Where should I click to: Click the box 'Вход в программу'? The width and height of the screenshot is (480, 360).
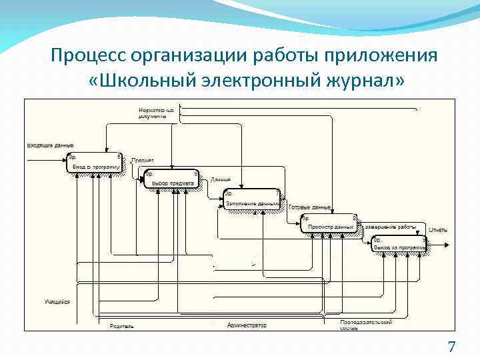tap(94, 163)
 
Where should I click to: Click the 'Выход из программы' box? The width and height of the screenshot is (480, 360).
tap(399, 244)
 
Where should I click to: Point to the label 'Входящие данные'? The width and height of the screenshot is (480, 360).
tap(50, 145)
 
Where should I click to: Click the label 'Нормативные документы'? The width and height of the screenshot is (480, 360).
tap(157, 112)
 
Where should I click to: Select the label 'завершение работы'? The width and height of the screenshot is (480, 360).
tap(390, 226)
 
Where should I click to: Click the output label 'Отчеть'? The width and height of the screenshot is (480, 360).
tap(437, 230)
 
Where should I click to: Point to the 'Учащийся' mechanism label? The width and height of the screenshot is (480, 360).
tap(57, 302)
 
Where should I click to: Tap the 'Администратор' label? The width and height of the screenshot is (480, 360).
tap(246, 325)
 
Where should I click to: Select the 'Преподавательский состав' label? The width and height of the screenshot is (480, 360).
tap(366, 324)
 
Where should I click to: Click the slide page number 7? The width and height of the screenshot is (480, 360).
tap(451, 347)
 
